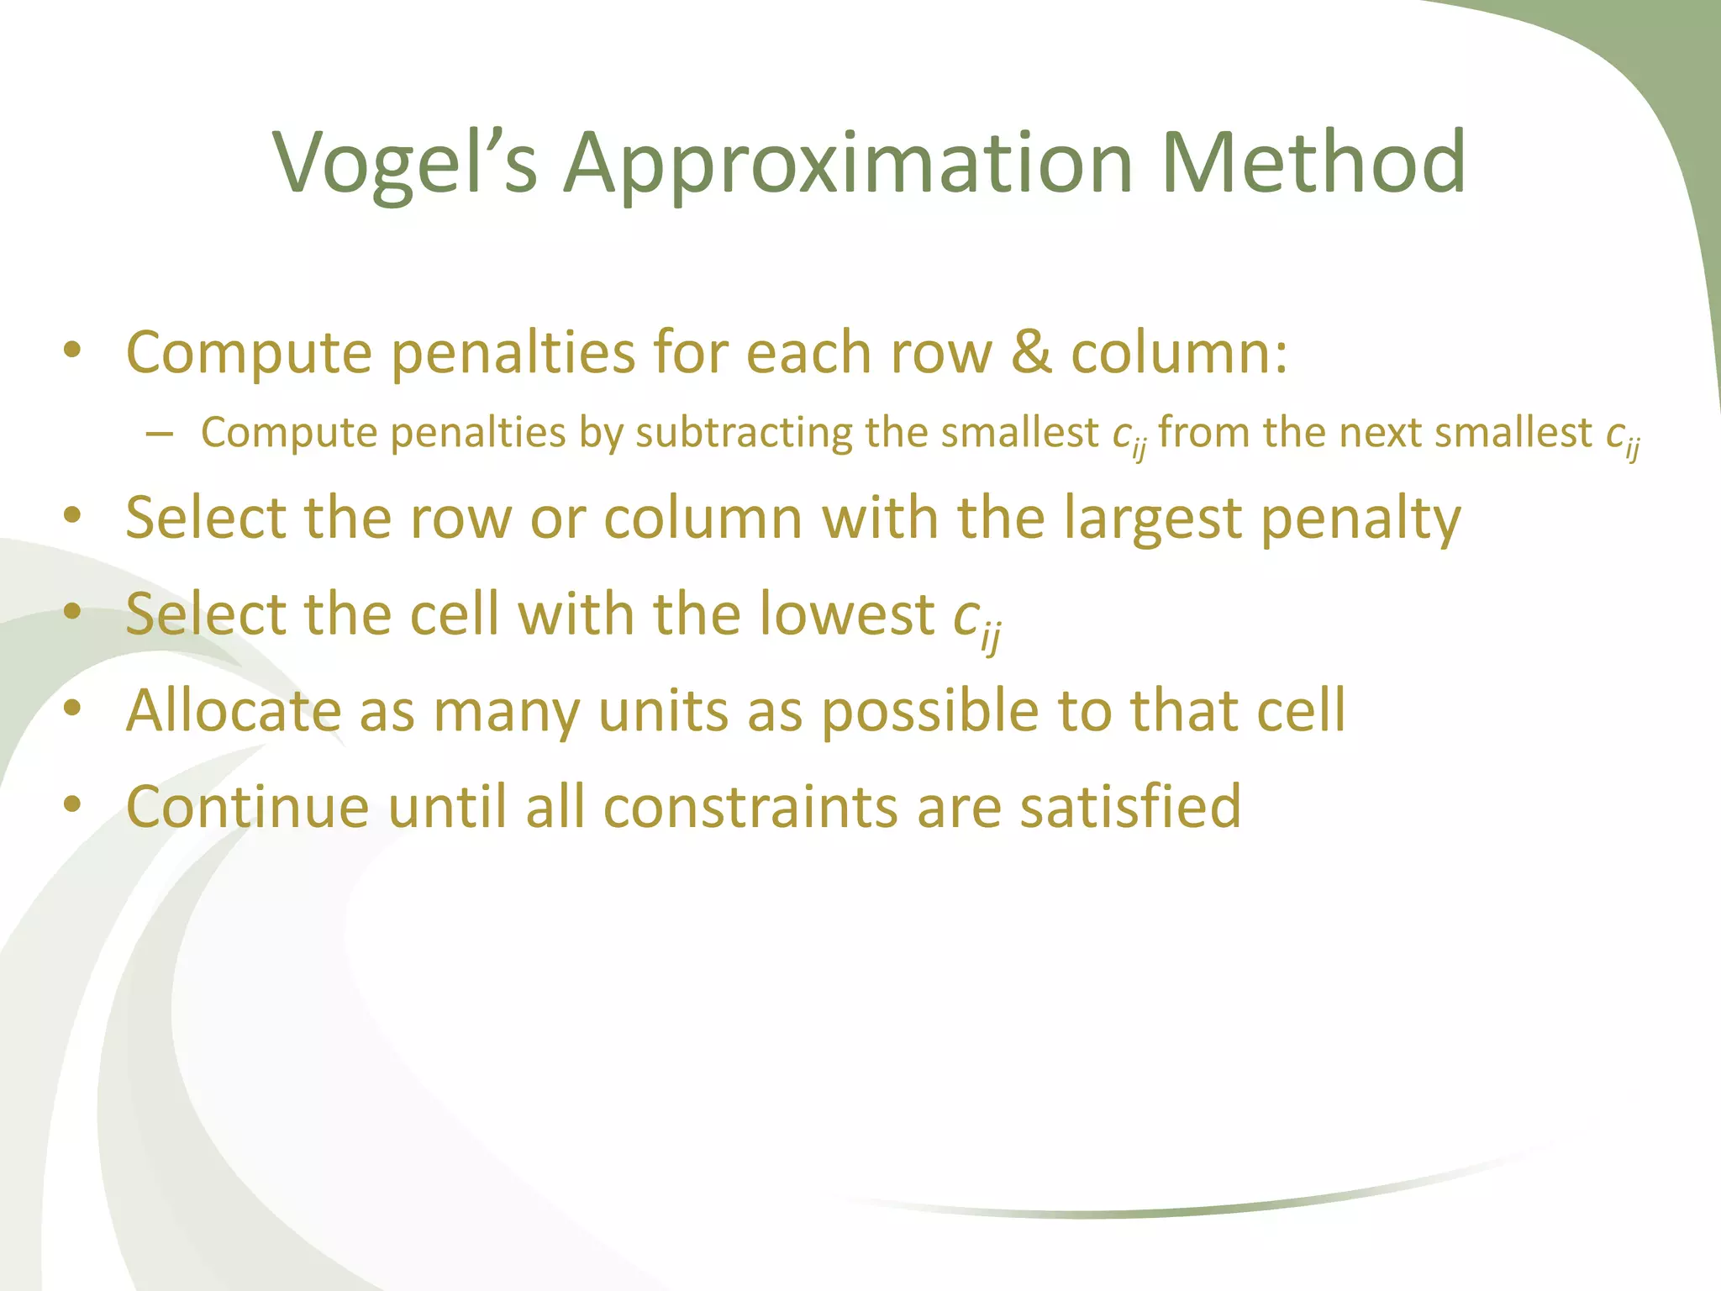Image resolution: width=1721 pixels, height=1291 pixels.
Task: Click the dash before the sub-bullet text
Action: point(159,434)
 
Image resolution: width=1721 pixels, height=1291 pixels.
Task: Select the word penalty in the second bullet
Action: point(1360,519)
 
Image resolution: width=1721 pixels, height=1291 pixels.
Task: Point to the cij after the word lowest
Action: point(976,620)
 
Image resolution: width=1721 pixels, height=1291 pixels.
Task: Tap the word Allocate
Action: point(234,711)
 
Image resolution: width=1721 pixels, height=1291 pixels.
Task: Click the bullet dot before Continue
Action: point(72,804)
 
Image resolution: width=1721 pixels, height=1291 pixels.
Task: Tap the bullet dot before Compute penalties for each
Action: point(72,350)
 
